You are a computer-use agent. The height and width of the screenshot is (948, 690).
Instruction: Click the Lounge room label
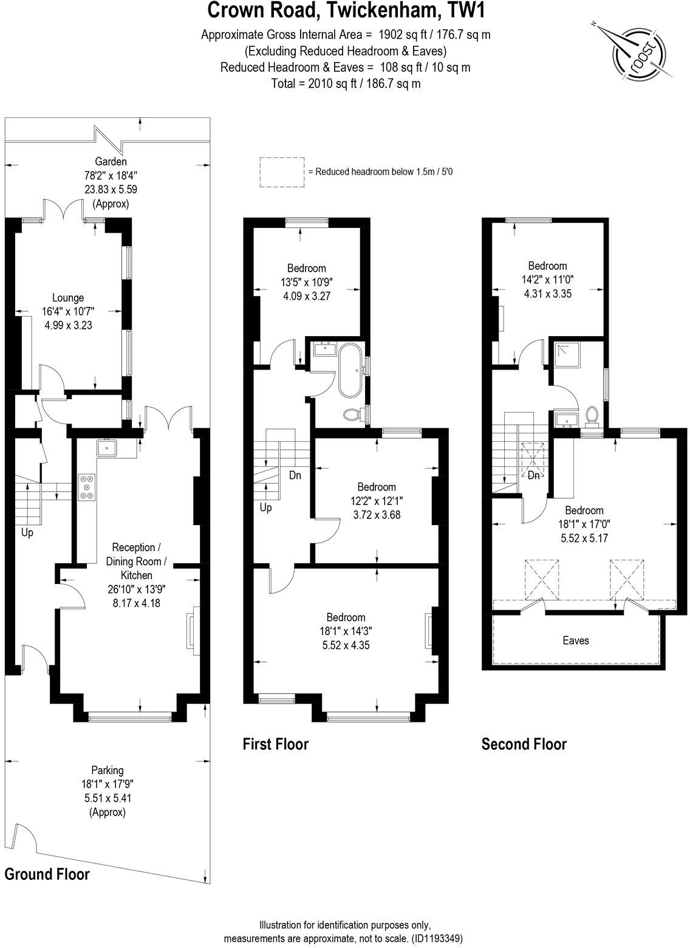tap(68, 298)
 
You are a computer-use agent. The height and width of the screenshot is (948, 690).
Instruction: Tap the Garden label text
tap(111, 162)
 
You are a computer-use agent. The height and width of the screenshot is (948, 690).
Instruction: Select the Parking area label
tap(107, 770)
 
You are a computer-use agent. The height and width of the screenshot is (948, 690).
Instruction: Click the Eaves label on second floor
tap(575, 641)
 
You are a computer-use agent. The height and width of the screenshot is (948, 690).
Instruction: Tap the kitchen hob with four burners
tap(86, 486)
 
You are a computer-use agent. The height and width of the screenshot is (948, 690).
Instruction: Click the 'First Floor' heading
tap(276, 744)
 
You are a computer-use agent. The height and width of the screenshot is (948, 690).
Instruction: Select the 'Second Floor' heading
tap(524, 744)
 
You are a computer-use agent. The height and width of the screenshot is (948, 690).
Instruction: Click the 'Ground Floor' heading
tap(47, 874)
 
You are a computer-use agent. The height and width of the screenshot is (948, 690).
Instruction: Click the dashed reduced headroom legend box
tap(281, 172)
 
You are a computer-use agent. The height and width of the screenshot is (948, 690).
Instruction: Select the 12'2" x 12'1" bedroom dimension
tap(376, 501)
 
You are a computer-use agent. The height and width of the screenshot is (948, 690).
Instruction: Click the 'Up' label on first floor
tap(265, 507)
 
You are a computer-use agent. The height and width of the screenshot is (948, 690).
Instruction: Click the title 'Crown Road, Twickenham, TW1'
tap(346, 11)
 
